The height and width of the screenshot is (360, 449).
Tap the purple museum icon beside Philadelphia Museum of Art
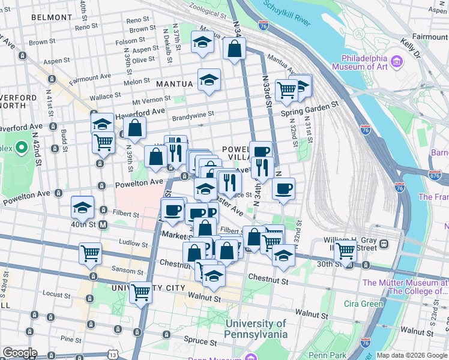(x=396, y=61)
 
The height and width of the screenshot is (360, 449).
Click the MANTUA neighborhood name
(x=175, y=85)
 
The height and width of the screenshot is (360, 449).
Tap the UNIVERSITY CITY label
(x=148, y=288)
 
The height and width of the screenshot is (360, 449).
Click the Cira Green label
(x=363, y=304)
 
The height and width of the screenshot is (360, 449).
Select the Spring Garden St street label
(x=310, y=103)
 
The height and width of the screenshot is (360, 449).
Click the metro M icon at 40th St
(x=103, y=225)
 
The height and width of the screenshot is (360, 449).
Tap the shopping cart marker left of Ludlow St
(x=90, y=253)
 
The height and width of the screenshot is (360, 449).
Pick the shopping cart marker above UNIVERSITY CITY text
(x=140, y=292)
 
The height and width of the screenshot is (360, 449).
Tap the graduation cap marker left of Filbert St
(x=82, y=207)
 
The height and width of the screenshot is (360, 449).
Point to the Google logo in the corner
(x=20, y=353)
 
